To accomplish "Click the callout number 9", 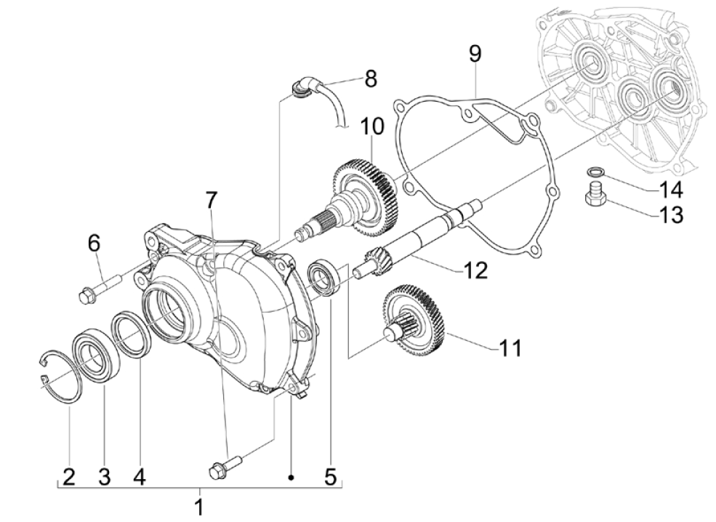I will coord(475,54).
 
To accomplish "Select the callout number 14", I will coord(670,190).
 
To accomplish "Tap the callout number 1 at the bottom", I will coord(199,507).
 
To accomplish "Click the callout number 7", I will coord(211,198).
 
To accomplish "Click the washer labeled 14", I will coord(595,172).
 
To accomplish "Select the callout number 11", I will coord(510,348).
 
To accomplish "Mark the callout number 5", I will coord(330,477).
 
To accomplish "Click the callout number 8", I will coord(371,79).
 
